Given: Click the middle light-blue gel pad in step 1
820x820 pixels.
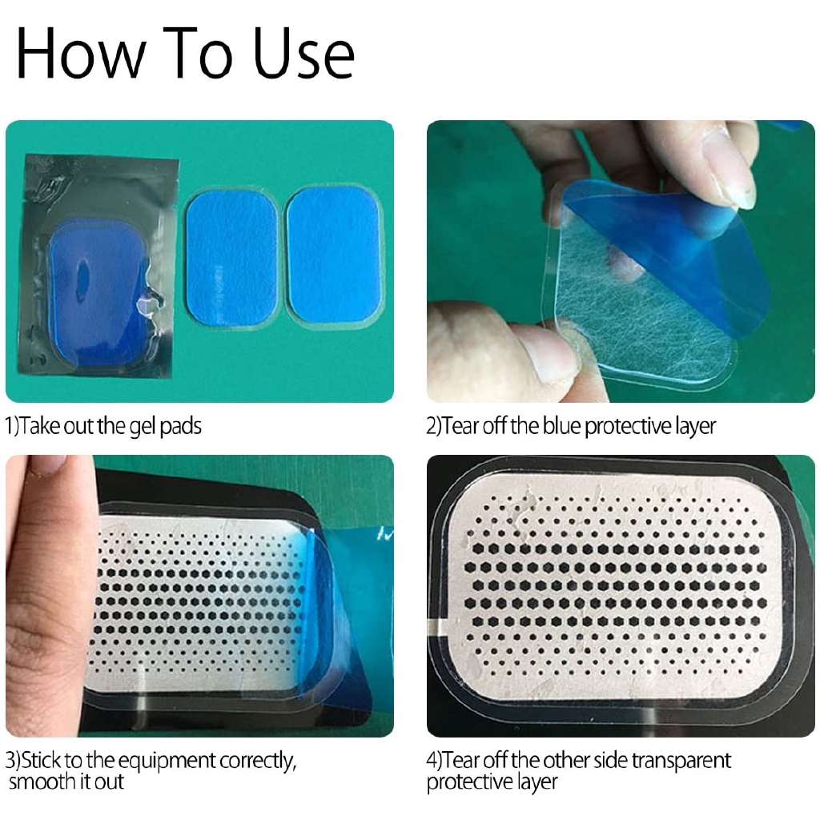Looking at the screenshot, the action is click(x=231, y=257).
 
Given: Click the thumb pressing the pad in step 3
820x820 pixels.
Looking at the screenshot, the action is click(x=50, y=575).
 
